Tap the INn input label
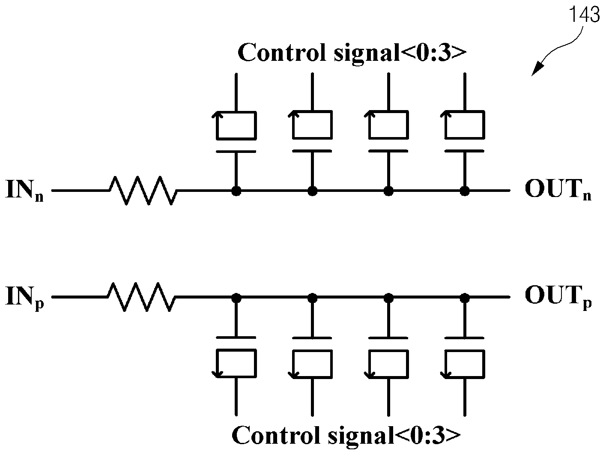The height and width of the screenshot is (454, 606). tap(24, 191)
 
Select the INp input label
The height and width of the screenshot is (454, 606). tap(24, 298)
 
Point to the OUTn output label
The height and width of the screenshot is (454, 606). tap(558, 190)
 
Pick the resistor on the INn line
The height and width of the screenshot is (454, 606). tap(143, 191)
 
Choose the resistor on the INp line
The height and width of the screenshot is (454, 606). tap(141, 297)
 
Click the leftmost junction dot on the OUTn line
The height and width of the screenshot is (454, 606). tap(236, 191)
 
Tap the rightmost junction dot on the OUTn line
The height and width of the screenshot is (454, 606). tap(465, 191)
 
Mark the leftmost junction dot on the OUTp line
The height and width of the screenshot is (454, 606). tap(236, 298)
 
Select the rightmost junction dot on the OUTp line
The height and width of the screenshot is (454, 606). tap(465, 298)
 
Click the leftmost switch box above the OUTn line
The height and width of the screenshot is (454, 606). tap(236, 125)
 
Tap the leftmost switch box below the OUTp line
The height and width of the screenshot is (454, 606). tap(236, 364)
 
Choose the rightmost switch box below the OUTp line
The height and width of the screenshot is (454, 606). tap(465, 364)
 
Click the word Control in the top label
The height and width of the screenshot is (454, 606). tap(282, 52)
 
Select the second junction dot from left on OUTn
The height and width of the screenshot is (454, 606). tap(312, 191)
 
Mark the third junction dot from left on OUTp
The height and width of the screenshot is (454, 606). tap(389, 298)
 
